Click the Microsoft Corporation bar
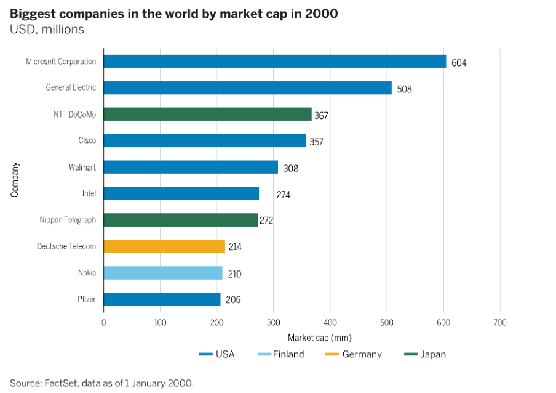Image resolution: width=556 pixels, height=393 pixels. pyautogui.click(x=274, y=62)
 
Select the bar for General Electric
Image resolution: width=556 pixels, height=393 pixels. pyautogui.click(x=247, y=87)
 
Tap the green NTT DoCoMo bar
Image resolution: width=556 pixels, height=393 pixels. pyautogui.click(x=207, y=114)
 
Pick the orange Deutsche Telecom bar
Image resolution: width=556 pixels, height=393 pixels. pyautogui.click(x=164, y=246)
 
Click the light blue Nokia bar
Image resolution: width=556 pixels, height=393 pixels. pyautogui.click(x=163, y=273)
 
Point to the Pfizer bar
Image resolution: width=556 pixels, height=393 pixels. pyautogui.click(x=162, y=299)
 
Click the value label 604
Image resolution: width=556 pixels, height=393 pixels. pyautogui.click(x=459, y=63)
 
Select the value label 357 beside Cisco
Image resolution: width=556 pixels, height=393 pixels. pyautogui.click(x=316, y=142)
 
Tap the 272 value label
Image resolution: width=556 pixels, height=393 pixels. pyautogui.click(x=266, y=221)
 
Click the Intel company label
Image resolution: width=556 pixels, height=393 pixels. pyautogui.click(x=89, y=193)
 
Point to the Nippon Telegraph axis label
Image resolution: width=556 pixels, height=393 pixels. pyautogui.click(x=68, y=220)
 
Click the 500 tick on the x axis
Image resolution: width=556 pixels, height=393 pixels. pyautogui.click(x=387, y=322)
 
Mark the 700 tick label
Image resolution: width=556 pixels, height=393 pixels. pyautogui.click(x=500, y=322)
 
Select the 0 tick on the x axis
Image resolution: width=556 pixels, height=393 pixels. pyautogui.click(x=103, y=322)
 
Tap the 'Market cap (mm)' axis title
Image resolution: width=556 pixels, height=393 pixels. pyautogui.click(x=319, y=338)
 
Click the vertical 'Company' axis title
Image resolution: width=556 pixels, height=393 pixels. pyautogui.click(x=15, y=179)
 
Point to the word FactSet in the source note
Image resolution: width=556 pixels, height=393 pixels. pyautogui.click(x=63, y=383)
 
